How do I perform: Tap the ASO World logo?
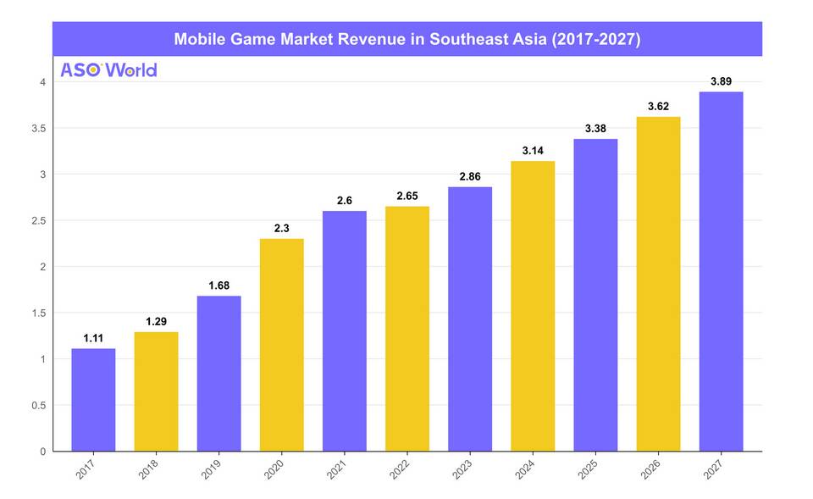pos(108,69)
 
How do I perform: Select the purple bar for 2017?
pos(93,400)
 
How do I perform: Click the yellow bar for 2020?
pos(281,345)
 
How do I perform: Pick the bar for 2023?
pos(470,319)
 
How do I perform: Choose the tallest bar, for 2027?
pos(721,271)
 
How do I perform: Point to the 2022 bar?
pos(406,329)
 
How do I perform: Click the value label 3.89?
pos(721,81)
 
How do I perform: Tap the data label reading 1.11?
pos(93,338)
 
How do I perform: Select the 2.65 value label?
pos(406,197)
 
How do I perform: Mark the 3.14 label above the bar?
pos(533,151)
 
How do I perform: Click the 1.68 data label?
pos(218,286)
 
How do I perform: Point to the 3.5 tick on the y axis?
pos(37,128)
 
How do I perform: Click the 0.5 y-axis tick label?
pos(37,405)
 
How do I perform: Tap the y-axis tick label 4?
pos(41,82)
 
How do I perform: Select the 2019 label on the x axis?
pos(213,469)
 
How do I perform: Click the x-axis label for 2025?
pos(589,469)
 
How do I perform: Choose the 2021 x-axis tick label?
pos(338,469)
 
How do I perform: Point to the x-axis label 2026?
pos(652,469)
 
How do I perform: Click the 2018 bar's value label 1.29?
pos(156,322)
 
